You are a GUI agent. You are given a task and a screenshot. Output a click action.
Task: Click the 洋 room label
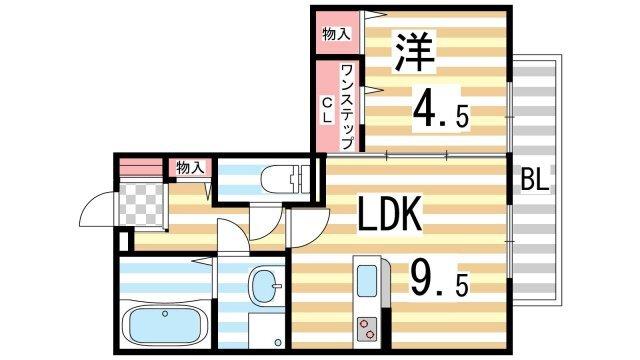click(x=412, y=51)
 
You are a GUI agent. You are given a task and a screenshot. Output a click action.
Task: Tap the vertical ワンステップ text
click(x=347, y=106)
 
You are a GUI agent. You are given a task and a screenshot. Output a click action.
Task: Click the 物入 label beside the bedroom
click(x=336, y=34)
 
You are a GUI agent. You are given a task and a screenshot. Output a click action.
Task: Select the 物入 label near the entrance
click(x=191, y=167)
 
